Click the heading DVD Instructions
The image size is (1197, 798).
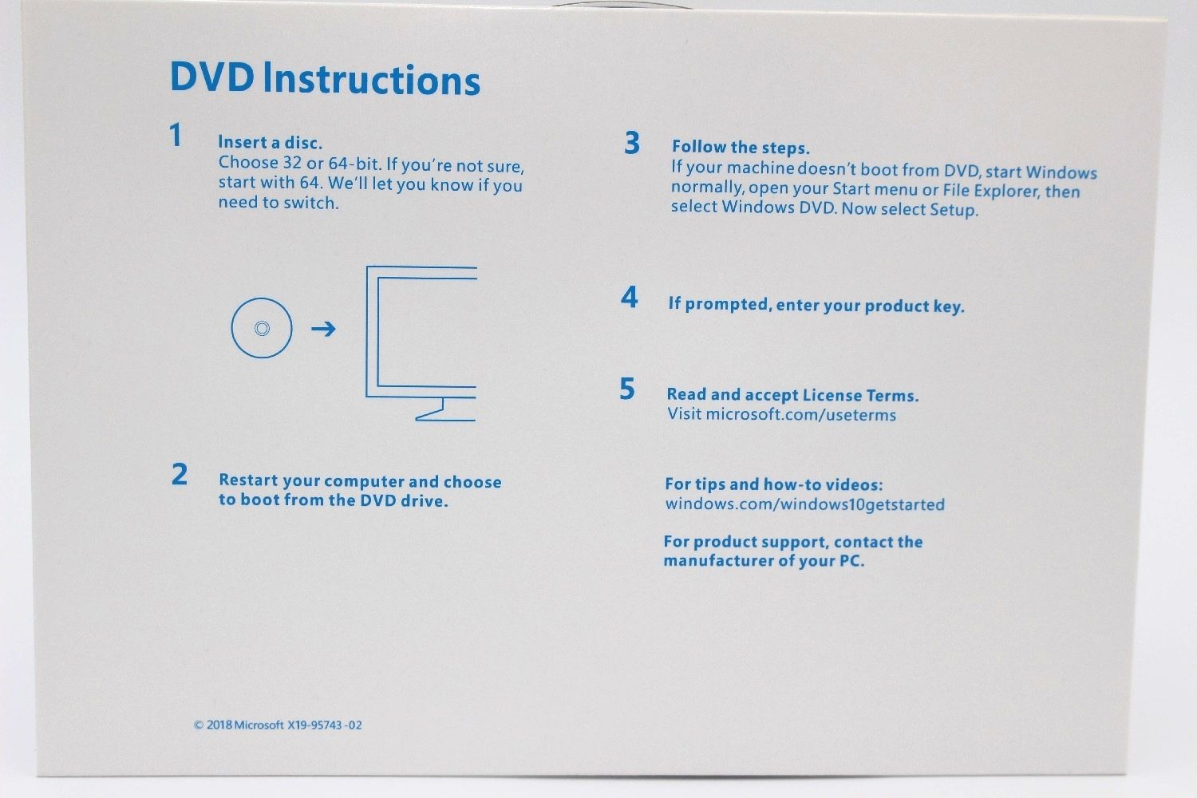click(x=325, y=78)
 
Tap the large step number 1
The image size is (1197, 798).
click(x=176, y=135)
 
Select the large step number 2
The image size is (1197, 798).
click(x=180, y=474)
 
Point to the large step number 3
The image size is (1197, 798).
click(x=632, y=143)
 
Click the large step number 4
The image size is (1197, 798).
click(x=630, y=297)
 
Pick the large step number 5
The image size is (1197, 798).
click(x=627, y=389)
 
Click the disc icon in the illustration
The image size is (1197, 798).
click(x=262, y=298)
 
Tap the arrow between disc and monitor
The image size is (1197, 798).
click(x=323, y=328)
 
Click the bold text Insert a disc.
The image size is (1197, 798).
click(x=270, y=142)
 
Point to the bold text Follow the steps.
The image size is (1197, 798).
click(x=741, y=147)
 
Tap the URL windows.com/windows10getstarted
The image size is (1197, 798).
click(x=804, y=504)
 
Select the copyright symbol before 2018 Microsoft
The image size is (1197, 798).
click(x=199, y=725)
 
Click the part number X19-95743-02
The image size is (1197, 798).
click(x=324, y=725)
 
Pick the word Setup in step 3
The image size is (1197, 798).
click(x=954, y=210)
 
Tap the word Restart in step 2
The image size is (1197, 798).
click(x=248, y=480)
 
